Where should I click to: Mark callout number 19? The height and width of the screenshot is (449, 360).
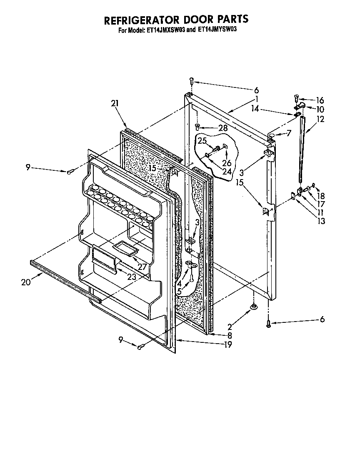tap(227, 344)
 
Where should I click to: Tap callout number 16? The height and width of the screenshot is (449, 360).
tap(320, 100)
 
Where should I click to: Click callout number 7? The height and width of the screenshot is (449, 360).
tap(289, 133)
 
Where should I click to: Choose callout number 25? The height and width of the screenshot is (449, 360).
tap(202, 141)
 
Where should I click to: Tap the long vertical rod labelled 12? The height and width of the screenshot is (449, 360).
tap(301, 150)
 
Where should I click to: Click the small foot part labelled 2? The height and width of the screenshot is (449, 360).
tap(253, 307)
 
